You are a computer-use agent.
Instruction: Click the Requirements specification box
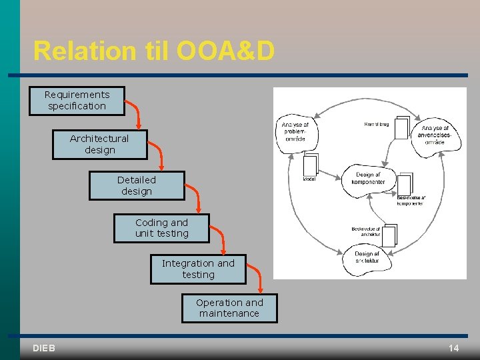[x=77, y=101]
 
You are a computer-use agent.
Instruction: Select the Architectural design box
[x=99, y=144]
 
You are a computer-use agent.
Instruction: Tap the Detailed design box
[x=137, y=185]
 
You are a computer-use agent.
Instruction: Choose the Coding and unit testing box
[x=161, y=228]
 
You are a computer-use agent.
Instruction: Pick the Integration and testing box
[x=198, y=269]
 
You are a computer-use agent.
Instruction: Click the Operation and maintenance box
[x=229, y=308]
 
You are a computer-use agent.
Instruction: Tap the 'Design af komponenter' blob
[x=368, y=179]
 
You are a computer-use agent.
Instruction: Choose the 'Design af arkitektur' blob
[x=367, y=257]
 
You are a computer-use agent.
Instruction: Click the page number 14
[x=453, y=348]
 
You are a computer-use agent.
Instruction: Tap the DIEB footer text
[x=43, y=348]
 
